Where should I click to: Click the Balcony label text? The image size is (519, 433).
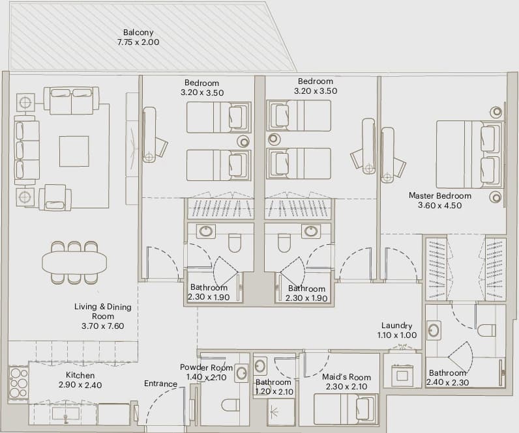tap(138, 33)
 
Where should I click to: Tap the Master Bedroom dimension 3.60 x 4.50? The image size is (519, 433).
tap(439, 205)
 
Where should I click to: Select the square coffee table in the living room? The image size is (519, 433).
tap(74, 151)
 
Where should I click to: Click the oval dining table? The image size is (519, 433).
tap(74, 263)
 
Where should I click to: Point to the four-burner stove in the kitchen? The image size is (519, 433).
tap(18, 382)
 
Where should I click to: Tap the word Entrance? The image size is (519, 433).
tap(160, 384)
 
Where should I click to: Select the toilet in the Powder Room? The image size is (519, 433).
tap(230, 405)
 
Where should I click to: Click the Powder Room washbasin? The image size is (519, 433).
tap(242, 373)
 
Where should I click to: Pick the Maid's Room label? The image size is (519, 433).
tap(346, 377)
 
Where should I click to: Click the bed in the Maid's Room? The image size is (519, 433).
tap(346, 409)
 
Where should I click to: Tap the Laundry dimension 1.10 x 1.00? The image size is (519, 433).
tap(397, 335)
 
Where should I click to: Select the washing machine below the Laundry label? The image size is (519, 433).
tap(402, 375)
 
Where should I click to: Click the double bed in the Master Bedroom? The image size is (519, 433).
tap(469, 154)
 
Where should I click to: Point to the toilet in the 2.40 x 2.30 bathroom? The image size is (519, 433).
tap(486, 330)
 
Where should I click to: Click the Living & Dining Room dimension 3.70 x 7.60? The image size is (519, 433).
tap(102, 326)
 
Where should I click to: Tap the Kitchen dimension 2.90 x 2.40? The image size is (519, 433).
tap(80, 385)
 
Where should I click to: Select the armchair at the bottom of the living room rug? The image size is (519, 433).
tap(55, 197)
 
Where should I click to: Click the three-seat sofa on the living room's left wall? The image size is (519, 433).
tap(27, 150)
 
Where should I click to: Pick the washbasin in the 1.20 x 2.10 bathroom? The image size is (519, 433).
tap(261, 365)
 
